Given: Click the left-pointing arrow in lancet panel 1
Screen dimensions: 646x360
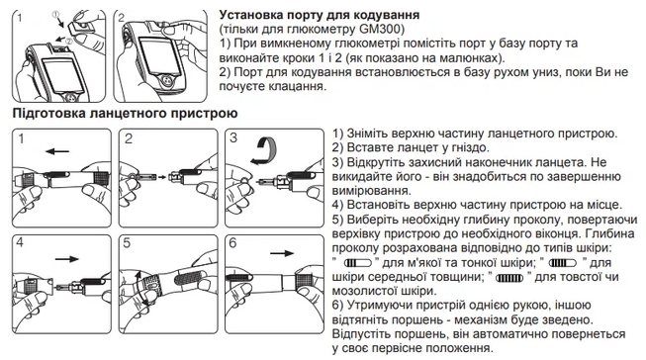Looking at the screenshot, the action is point(57,151).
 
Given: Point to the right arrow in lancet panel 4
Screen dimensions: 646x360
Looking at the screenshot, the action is point(66,259).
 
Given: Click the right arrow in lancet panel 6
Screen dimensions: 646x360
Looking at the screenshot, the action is point(282,253).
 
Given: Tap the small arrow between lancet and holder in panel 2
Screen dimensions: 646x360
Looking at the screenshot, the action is point(162,177).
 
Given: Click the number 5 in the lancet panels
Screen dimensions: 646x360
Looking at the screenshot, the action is point(127,243).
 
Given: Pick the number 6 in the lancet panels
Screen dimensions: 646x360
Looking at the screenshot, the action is point(232,243).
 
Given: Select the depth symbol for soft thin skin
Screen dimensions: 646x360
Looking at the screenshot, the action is point(357,262).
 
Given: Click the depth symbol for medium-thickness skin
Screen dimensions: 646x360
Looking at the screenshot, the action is point(563,262).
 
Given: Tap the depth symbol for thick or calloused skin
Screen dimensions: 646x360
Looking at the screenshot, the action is point(509,278).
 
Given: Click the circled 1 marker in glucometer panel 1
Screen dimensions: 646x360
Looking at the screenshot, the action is point(56,15).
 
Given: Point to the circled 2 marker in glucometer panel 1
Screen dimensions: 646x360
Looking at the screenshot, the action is point(69,41).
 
